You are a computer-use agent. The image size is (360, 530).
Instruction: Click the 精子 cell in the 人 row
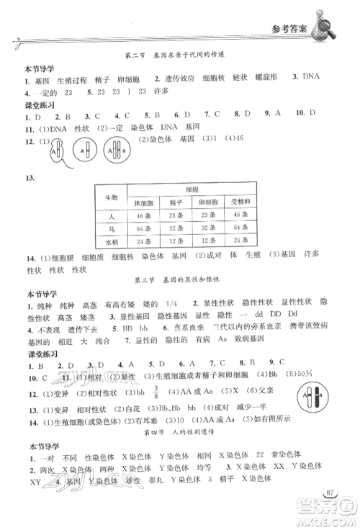pyautogui.click(x=176, y=215)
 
